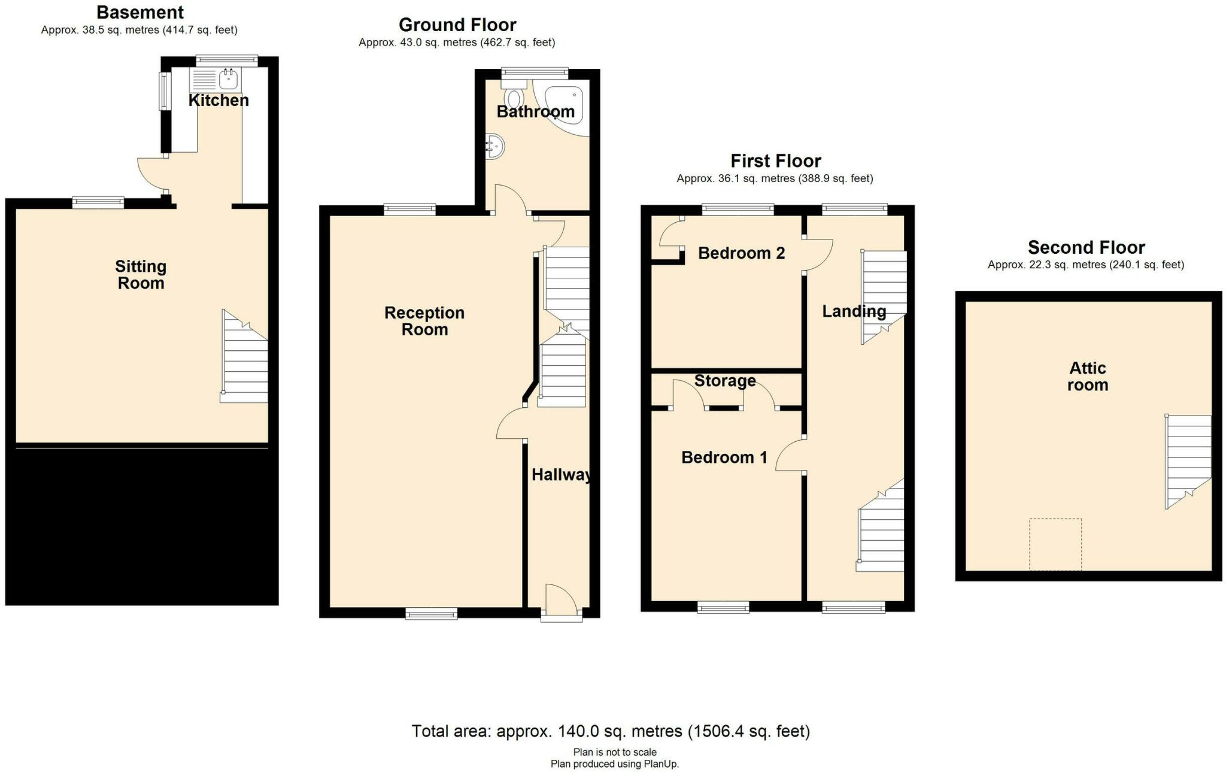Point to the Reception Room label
click(424, 321)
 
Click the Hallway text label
click(562, 475)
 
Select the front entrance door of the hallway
click(562, 601)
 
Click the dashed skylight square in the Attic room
click(1055, 544)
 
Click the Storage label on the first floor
click(724, 381)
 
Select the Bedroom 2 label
click(741, 253)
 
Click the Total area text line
click(611, 731)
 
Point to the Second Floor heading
click(1086, 247)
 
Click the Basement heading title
click(140, 12)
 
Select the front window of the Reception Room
click(431, 613)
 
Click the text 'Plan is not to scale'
click(615, 752)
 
